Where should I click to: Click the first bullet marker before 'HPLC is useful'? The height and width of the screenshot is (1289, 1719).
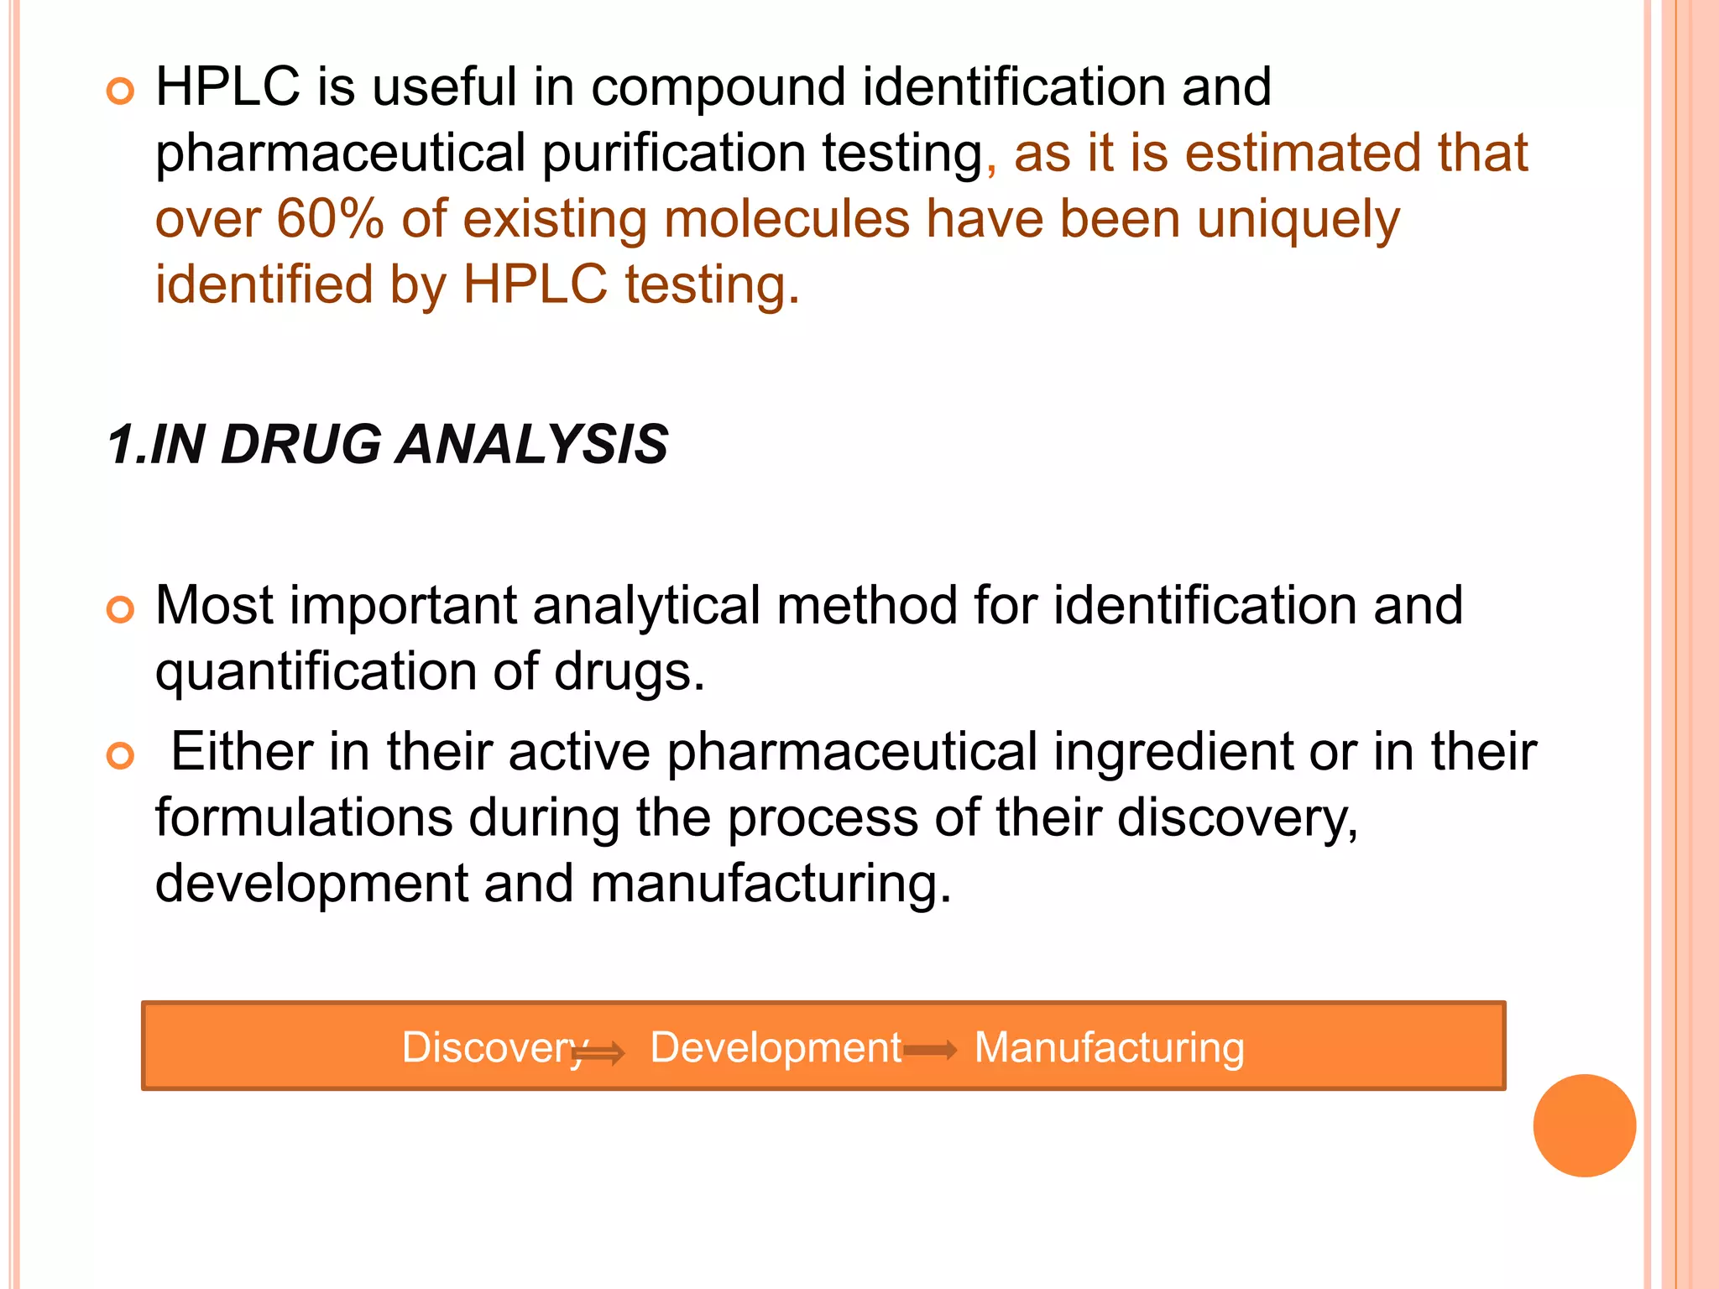click(121, 91)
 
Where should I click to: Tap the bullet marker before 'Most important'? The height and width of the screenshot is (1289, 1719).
click(121, 610)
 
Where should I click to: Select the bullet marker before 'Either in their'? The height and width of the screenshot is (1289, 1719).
click(121, 756)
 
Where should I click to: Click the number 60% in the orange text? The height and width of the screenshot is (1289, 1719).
click(330, 219)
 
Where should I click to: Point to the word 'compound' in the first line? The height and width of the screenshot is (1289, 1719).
click(718, 87)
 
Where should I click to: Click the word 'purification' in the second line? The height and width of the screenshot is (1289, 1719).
click(673, 154)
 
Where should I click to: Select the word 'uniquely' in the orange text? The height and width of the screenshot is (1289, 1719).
click(1298, 220)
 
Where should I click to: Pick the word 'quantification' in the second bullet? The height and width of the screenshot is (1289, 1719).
click(316, 672)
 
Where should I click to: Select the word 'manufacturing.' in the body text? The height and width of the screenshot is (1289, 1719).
click(771, 884)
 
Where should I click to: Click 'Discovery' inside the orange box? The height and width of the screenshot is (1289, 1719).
click(492, 1047)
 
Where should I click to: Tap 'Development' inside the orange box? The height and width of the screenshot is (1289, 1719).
click(776, 1047)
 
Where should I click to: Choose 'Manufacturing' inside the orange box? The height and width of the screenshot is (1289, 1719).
click(1109, 1047)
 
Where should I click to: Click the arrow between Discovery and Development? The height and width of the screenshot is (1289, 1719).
click(601, 1052)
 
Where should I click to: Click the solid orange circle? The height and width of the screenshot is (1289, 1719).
click(1584, 1125)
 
